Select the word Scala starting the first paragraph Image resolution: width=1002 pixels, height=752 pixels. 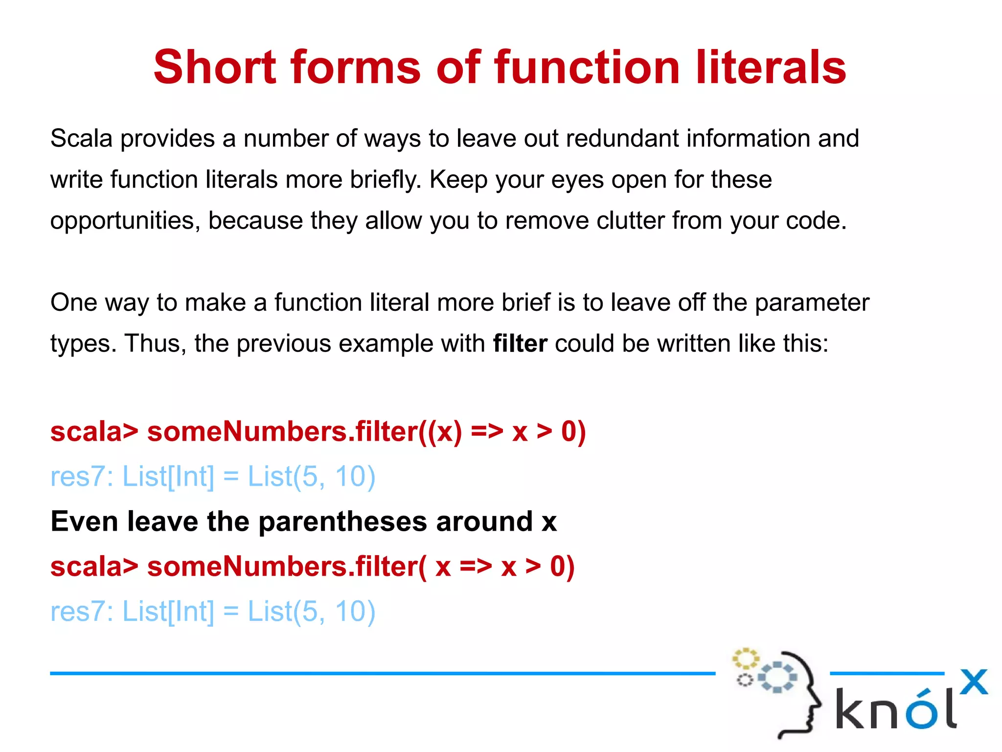[82, 139]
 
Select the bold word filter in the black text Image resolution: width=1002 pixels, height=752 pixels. [520, 343]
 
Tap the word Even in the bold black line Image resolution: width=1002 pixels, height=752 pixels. [84, 521]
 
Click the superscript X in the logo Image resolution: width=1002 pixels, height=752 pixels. [974, 682]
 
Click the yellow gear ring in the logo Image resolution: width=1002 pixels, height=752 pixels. [746, 659]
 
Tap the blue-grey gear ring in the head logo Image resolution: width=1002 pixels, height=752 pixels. [777, 677]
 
